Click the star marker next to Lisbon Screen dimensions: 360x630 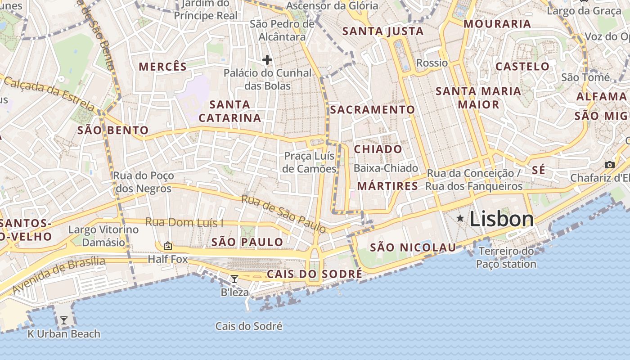460,219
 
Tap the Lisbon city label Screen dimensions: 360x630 502,219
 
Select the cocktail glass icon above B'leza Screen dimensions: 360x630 234,279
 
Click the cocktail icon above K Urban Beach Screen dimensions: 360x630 64,320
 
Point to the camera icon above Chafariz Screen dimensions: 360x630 610,165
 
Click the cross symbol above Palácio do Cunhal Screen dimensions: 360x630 267,59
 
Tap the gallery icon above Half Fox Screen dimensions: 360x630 168,246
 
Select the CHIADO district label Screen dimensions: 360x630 378,149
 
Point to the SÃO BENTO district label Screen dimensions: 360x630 113,130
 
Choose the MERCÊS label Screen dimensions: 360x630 162,67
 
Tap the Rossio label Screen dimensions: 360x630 432,63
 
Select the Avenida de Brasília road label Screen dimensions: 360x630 58,275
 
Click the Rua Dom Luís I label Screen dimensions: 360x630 184,222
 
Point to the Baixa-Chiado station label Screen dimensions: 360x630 386,168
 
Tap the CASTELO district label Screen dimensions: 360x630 522,67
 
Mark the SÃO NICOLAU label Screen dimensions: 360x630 413,247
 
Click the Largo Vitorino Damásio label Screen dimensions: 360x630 103,236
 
